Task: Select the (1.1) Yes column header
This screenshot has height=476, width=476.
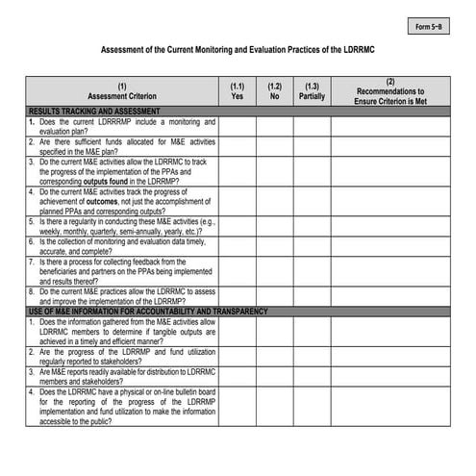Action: (238, 91)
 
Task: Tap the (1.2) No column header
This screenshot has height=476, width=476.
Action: (274, 91)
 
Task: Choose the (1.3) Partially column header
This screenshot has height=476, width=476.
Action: (312, 91)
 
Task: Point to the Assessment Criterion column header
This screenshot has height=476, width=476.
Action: (121, 91)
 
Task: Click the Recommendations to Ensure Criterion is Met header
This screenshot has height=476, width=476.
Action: (389, 91)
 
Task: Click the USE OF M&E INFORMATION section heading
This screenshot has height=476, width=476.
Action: (134, 313)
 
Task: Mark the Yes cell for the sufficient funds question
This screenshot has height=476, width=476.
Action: (238, 146)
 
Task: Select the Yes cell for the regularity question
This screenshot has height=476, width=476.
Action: (238, 225)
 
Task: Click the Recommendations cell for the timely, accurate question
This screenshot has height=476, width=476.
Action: (389, 246)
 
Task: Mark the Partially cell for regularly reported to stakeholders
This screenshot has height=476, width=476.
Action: (312, 356)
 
